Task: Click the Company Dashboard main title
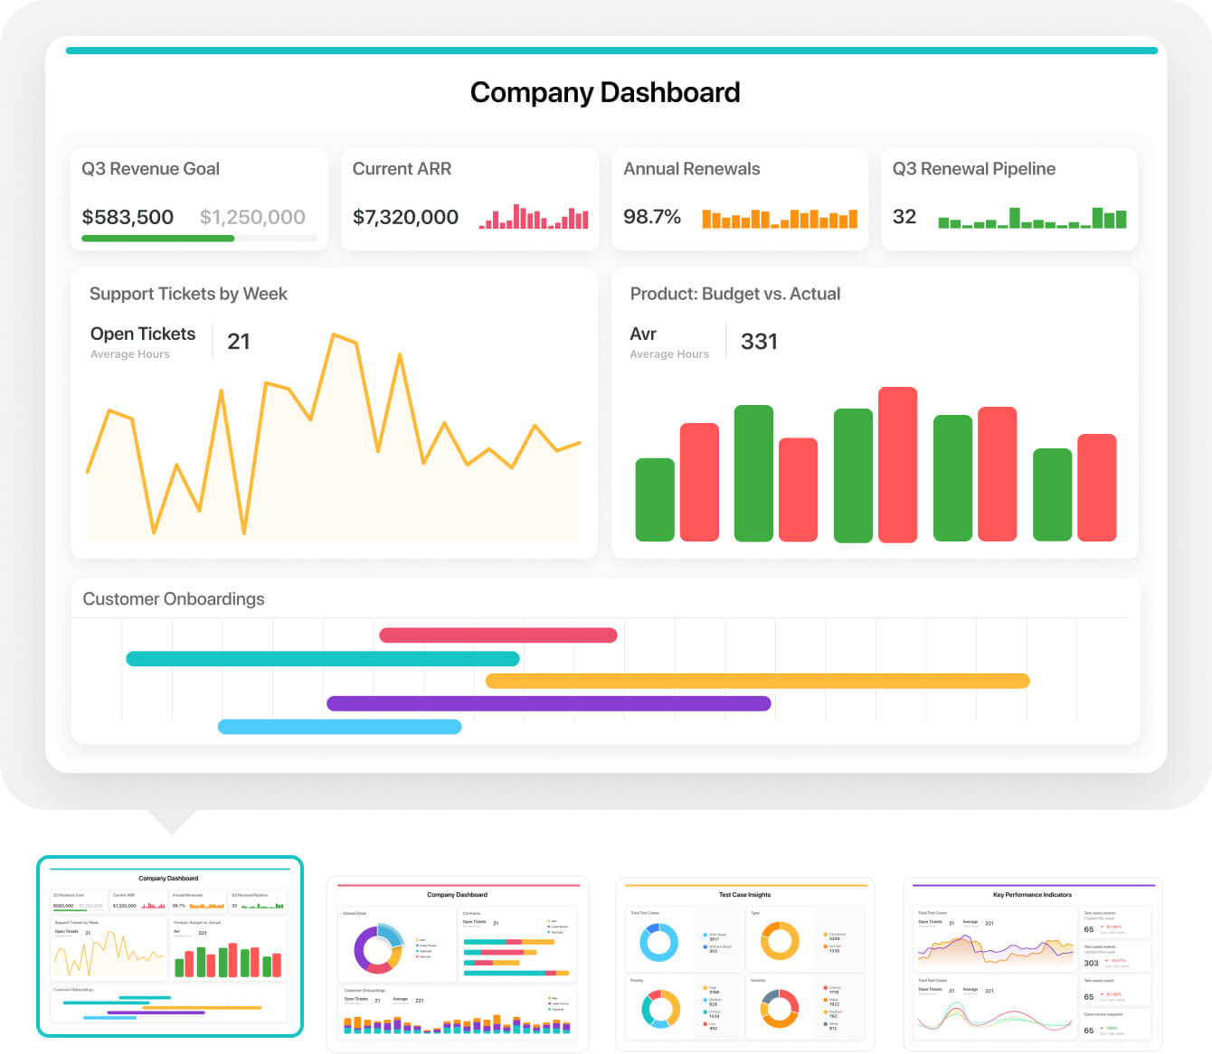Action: [605, 92]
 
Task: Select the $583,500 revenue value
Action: [128, 217]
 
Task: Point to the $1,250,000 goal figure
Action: [252, 217]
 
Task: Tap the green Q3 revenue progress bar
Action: [157, 239]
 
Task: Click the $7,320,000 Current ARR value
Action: [405, 217]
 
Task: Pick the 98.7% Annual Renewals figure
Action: [652, 217]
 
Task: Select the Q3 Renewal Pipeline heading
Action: [974, 169]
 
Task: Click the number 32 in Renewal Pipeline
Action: [904, 217]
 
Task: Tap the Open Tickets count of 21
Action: [239, 342]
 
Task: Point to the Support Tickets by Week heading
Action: [188, 294]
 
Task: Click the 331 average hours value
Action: [759, 342]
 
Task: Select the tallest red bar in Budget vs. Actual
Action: [897, 465]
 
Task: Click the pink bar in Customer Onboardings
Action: [498, 635]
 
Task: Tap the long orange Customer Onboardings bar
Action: [757, 681]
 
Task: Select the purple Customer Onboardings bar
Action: [548, 703]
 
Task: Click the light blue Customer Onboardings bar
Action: [339, 727]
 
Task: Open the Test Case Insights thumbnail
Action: [745, 965]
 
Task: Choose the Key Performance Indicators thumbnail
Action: [1032, 965]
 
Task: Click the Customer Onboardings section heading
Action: [174, 599]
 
